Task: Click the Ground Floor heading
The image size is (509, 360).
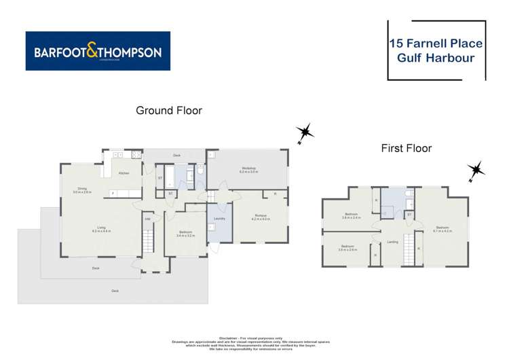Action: click(169, 110)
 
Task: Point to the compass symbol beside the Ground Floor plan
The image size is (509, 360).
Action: click(306, 132)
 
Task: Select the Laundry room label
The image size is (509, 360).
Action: click(219, 218)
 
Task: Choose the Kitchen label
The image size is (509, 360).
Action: click(124, 174)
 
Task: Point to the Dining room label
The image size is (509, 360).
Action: click(82, 188)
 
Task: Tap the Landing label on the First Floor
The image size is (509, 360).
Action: click(392, 242)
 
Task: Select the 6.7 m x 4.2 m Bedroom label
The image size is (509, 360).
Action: click(442, 228)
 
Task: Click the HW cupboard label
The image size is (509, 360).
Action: click(147, 218)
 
